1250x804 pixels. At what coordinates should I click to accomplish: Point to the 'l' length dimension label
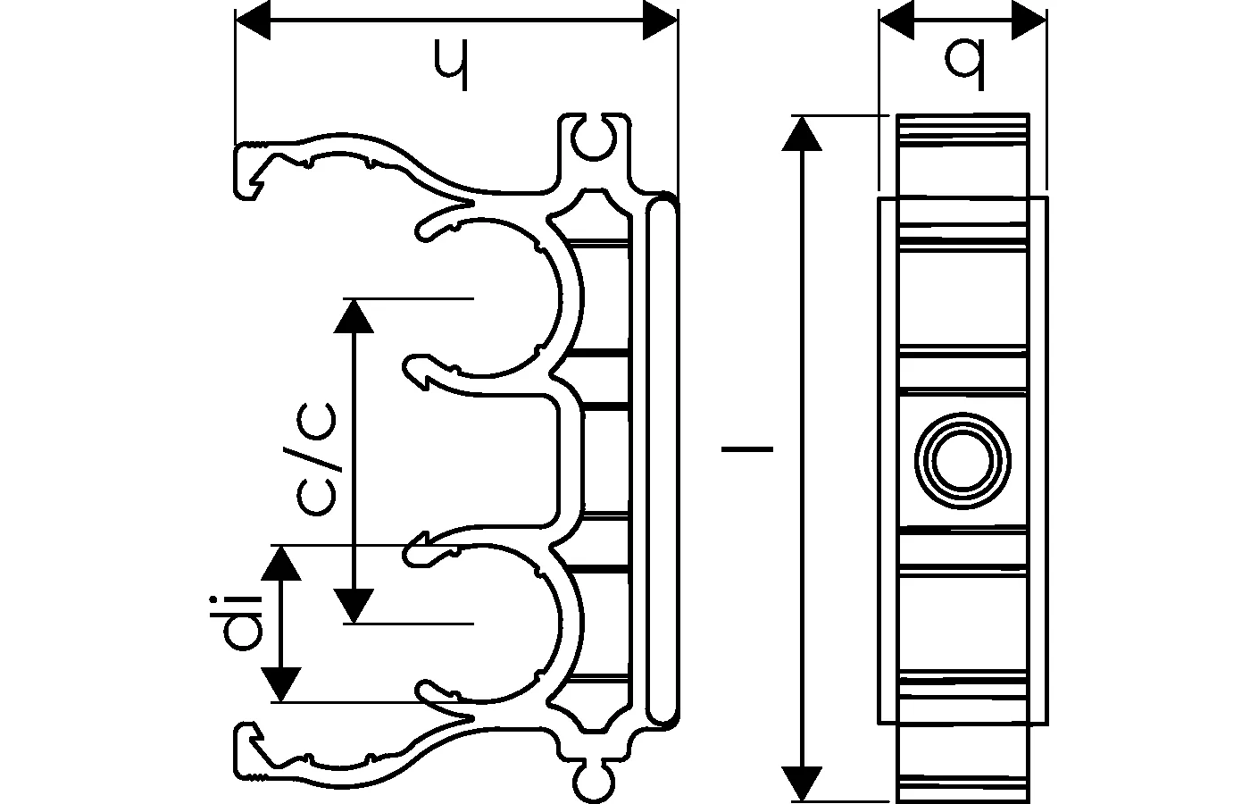746,447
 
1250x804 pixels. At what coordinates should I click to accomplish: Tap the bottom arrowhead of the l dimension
806,783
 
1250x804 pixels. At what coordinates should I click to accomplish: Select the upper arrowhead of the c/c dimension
355,314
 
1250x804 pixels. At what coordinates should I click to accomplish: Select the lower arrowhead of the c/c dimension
355,605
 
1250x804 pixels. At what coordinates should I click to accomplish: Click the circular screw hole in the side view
962,461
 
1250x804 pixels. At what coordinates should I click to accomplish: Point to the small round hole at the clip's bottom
591,782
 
